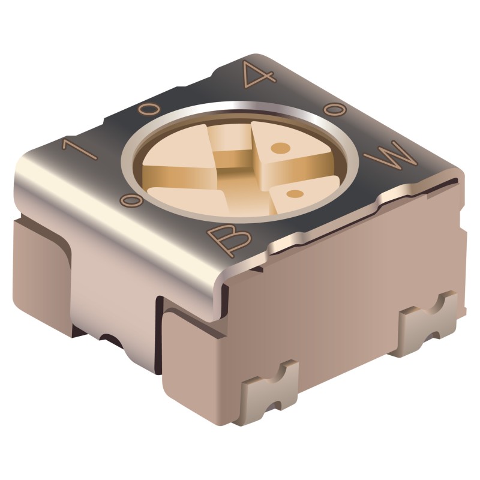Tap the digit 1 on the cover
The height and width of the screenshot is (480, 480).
point(79,149)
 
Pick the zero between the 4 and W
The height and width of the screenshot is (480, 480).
point(334,110)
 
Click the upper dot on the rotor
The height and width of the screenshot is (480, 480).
point(281,148)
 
